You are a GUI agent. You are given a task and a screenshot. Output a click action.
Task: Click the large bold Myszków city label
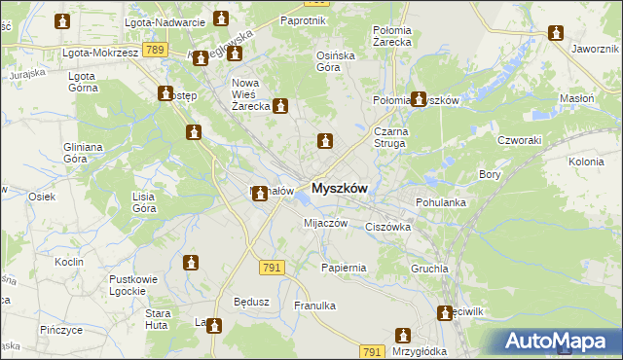click(339, 190)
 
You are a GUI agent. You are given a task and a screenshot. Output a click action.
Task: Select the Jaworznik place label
click(596, 48)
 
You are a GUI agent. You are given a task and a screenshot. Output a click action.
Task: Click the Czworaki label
click(520, 139)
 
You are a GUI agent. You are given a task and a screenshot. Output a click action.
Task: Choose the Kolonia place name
click(586, 162)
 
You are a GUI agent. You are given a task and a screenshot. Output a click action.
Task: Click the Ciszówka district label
click(388, 227)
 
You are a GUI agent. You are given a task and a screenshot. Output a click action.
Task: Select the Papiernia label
click(344, 267)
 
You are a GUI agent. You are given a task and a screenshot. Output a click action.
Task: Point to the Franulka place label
click(314, 306)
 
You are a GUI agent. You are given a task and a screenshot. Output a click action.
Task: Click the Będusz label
click(251, 301)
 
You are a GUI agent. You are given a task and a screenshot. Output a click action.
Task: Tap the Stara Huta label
click(159, 319)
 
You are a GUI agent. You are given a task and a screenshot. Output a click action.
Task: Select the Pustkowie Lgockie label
click(133, 284)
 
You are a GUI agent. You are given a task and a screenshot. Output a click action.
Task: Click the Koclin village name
click(69, 262)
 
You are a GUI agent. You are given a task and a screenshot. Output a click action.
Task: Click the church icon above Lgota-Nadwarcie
click(221, 18)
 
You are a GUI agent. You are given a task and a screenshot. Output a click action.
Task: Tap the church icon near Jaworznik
click(557, 32)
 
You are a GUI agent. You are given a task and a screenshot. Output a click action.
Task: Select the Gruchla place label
click(429, 268)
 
